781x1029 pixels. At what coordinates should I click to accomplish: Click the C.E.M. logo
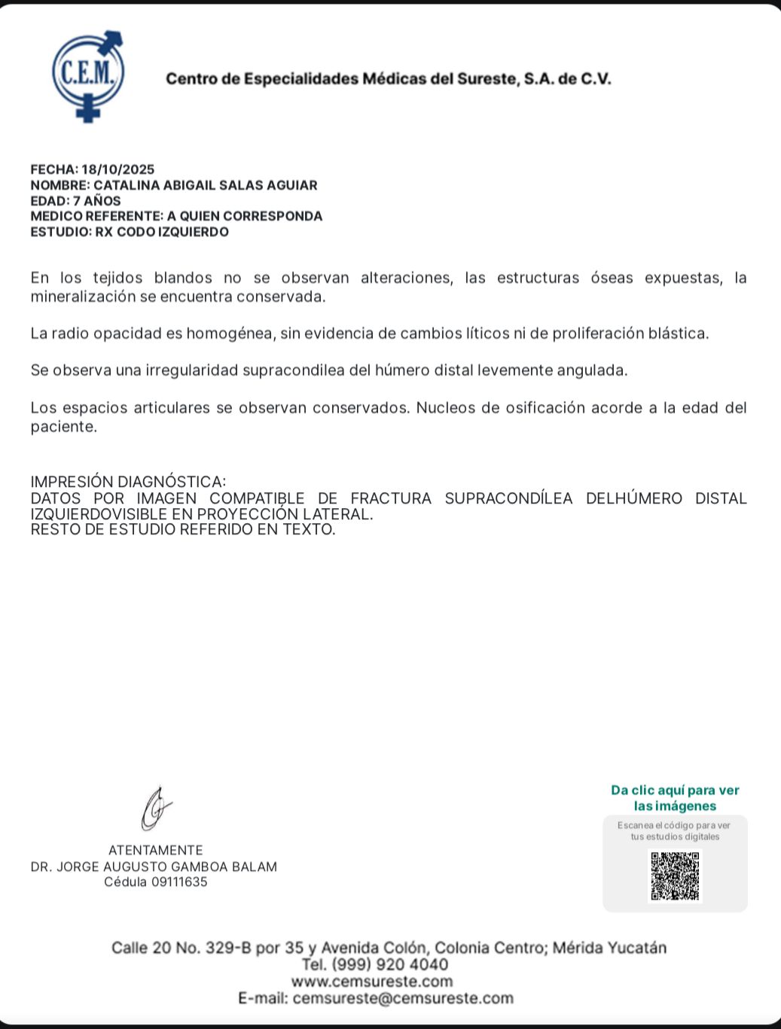pos(88,75)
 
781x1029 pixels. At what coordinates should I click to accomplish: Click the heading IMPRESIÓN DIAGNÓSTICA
pos(128,482)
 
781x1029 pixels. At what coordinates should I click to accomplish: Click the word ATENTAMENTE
pos(155,851)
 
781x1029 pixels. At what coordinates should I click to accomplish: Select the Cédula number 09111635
pos(179,882)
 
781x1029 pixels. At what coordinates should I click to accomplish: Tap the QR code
pos(675,875)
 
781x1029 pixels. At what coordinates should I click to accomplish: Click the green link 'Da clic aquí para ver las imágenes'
pos(675,798)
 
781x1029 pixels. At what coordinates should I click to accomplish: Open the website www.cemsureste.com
pos(372,982)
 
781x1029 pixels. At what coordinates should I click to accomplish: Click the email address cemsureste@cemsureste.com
pos(403,999)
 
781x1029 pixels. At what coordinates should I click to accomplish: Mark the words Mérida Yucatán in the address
pos(609,948)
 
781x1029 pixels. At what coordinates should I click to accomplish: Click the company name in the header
pos(388,79)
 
